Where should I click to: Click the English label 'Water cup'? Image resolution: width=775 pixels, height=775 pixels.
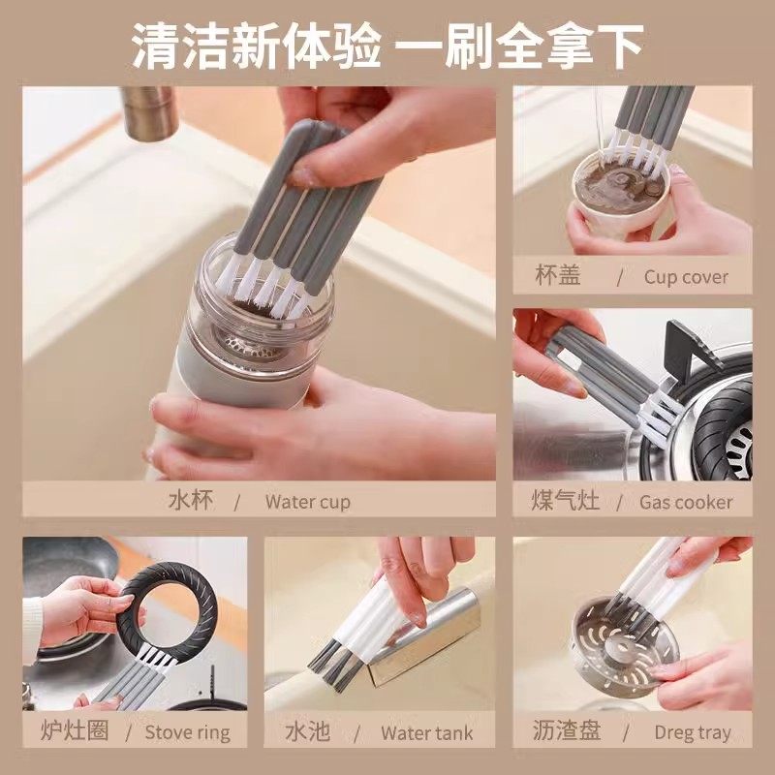(307, 502)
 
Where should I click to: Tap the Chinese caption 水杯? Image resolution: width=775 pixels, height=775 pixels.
(190, 501)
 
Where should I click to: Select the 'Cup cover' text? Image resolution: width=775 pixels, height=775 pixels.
(685, 277)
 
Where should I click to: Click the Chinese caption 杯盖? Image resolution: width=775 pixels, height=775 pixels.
(558, 276)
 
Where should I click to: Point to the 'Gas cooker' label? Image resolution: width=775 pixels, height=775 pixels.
(686, 502)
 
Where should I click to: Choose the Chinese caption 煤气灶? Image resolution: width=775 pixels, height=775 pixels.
(567, 501)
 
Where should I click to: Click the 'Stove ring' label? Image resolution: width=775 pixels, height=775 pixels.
(188, 731)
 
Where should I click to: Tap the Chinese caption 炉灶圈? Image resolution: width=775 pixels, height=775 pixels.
(67, 730)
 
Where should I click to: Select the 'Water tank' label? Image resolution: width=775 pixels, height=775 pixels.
(427, 731)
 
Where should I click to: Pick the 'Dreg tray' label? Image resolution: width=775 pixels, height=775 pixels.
(692, 731)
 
